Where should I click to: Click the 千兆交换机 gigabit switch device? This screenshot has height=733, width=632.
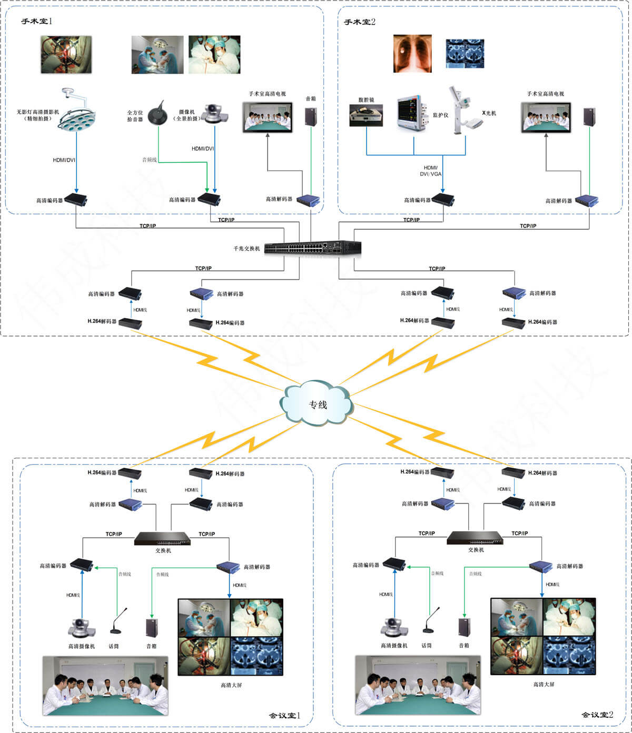coord(313,248)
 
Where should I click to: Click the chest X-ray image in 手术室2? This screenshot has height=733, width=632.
coord(412,54)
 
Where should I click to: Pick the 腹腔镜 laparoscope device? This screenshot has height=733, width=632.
coord(366,115)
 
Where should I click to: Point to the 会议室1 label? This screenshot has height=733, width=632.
coord(284,715)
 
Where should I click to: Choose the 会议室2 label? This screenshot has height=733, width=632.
coord(597,715)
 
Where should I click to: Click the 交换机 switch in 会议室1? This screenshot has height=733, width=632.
coord(162,538)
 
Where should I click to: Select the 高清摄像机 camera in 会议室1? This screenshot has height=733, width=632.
coord(81,627)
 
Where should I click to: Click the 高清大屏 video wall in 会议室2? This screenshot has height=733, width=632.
coord(543,636)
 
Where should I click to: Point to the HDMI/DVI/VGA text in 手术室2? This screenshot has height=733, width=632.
coord(430,174)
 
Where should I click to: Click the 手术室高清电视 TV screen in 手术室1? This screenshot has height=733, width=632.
coord(267,117)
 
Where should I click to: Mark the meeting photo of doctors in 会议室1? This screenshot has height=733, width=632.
coord(105,685)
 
